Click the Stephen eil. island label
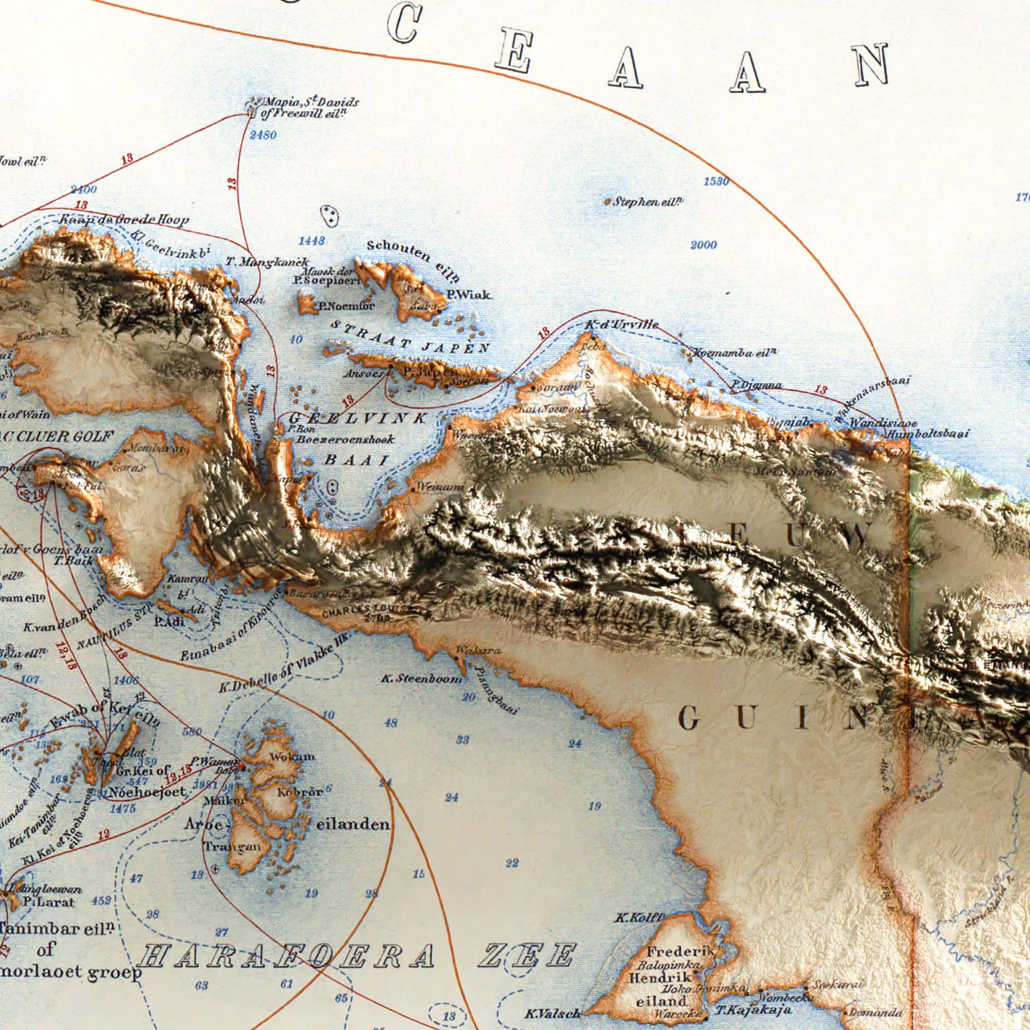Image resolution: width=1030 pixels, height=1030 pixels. pos(648,202)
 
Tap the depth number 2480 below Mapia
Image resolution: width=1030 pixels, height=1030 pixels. pos(263,135)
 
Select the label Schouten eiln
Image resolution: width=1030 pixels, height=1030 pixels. pos(413,261)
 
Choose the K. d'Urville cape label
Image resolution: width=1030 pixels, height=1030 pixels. pos(622,324)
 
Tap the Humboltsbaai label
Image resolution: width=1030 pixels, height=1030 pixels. pos(928,435)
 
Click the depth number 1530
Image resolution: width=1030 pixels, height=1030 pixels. pos(716,182)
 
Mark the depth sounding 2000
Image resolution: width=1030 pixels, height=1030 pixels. pos(703,245)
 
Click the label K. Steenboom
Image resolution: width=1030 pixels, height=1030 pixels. pos(421,679)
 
